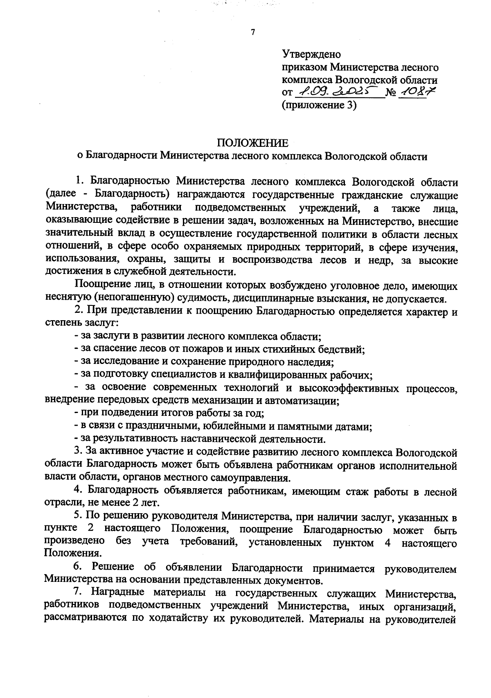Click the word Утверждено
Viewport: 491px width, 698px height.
point(311,54)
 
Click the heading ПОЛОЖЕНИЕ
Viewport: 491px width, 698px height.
point(252,143)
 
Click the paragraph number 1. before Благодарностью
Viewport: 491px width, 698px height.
point(80,181)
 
